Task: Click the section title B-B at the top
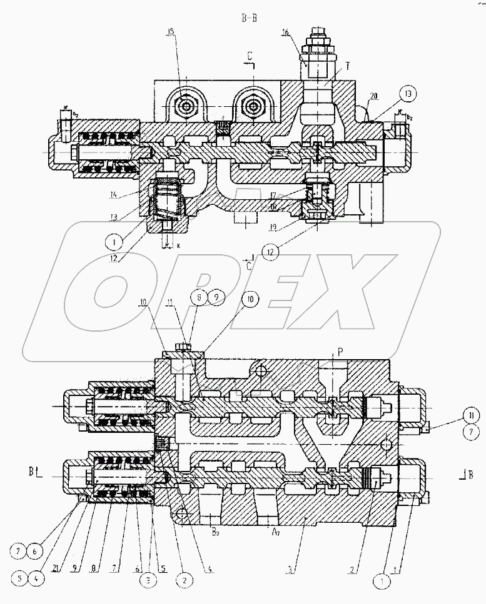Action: click(250, 18)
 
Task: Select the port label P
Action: click(340, 352)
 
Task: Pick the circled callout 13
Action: click(408, 94)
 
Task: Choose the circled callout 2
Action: click(184, 578)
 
